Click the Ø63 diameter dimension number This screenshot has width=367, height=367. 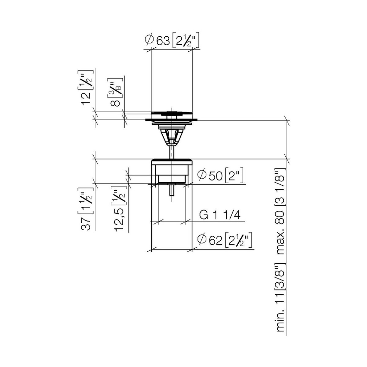(x=163, y=41)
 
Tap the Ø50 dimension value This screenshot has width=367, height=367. (x=216, y=176)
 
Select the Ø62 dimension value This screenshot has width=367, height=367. (x=216, y=241)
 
